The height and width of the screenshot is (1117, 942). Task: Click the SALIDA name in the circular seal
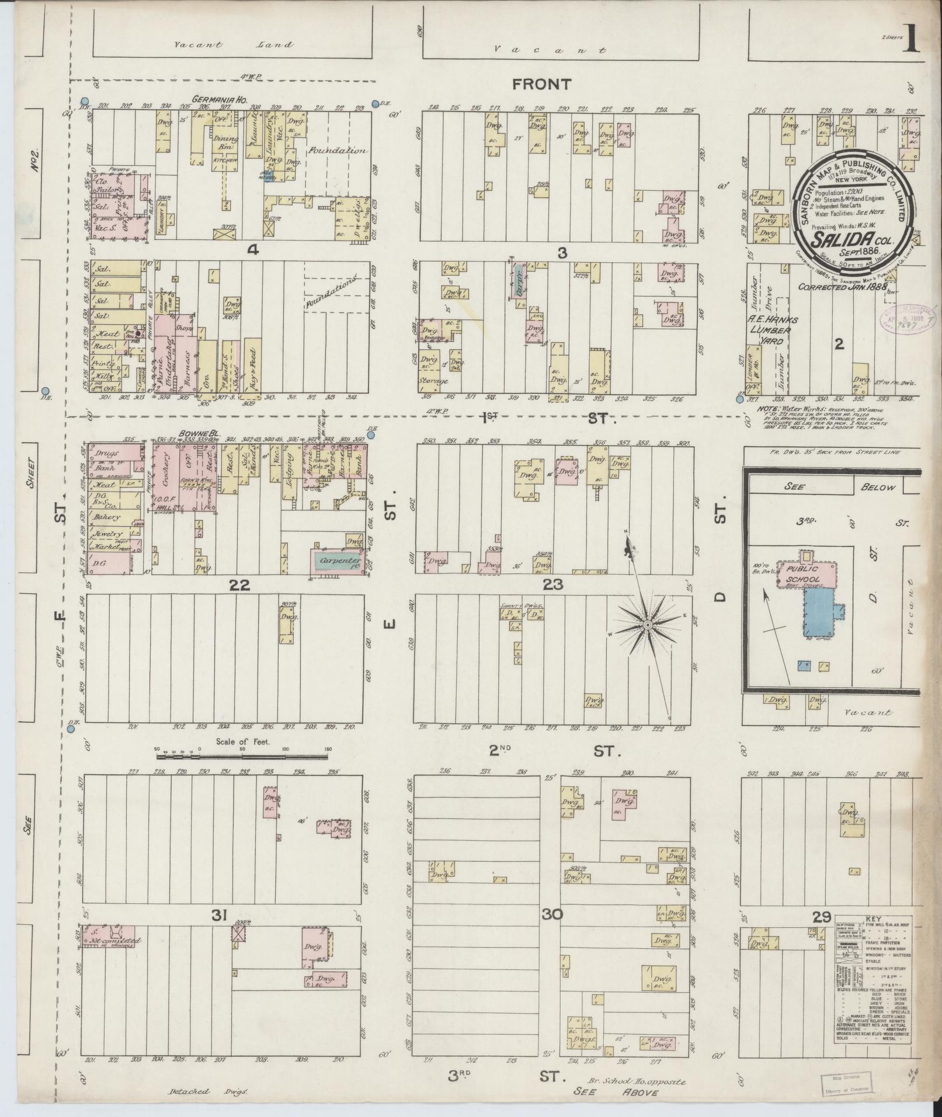point(849,239)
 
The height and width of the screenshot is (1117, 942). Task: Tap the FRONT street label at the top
point(541,85)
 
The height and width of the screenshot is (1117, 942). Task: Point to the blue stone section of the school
point(820,613)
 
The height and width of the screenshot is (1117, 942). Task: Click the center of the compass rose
point(647,626)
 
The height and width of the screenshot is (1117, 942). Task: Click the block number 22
point(240,585)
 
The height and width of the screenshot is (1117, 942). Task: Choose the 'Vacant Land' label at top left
point(233,44)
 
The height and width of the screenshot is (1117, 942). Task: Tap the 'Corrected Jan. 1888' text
point(841,287)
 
